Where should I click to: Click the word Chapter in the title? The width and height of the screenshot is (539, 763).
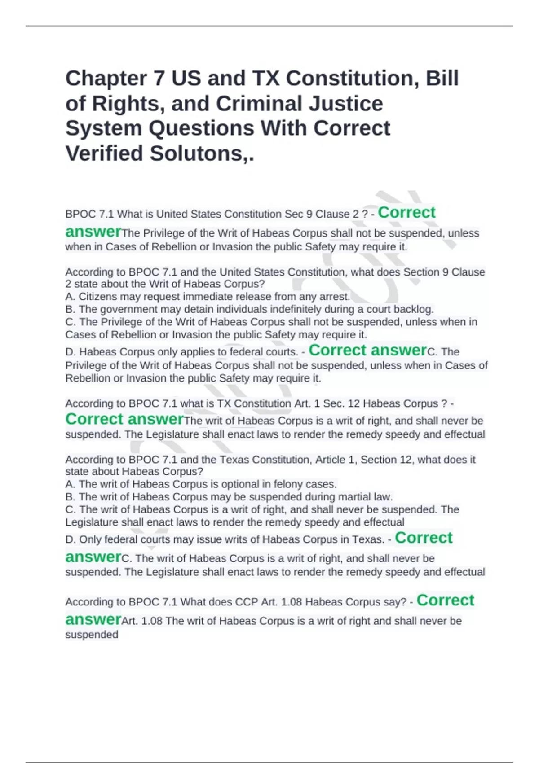click(x=106, y=79)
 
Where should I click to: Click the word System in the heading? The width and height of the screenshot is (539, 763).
click(x=104, y=128)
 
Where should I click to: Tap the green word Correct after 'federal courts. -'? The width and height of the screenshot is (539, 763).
click(x=337, y=350)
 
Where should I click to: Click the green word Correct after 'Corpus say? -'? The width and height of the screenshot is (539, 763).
click(x=445, y=601)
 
